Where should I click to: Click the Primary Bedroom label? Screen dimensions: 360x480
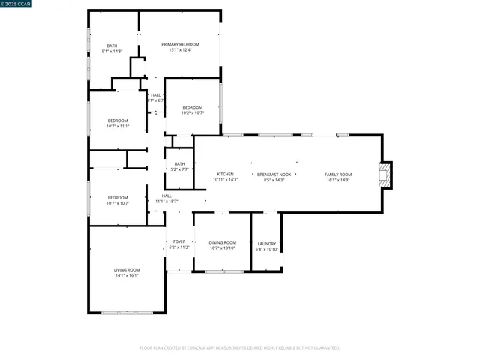coord(180,44)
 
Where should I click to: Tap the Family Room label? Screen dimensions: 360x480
coord(337,175)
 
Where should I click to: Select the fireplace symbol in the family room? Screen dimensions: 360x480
coord(385,175)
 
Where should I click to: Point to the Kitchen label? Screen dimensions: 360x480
coord(225,175)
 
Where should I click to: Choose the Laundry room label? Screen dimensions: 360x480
coord(266,243)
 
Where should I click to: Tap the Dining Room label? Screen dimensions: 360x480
coord(222,242)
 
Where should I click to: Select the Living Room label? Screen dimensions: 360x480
coord(127,270)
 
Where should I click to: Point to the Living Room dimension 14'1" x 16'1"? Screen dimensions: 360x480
coord(127,275)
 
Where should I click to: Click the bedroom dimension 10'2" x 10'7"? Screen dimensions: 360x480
coord(193,112)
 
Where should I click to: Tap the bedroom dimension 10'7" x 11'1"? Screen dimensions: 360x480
coord(118,126)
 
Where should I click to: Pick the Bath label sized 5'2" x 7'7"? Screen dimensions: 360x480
coord(179,164)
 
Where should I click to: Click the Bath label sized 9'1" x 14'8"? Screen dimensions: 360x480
coord(112,46)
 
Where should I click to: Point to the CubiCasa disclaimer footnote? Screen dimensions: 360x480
coord(240,347)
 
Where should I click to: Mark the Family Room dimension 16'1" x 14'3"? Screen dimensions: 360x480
coord(337,180)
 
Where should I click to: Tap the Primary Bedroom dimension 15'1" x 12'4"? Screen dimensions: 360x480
coord(180,50)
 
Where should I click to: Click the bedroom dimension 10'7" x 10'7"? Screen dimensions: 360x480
coord(118,203)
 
